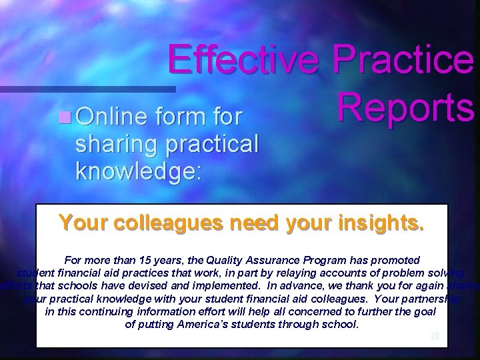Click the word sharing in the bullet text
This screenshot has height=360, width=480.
pyautogui.click(x=112, y=144)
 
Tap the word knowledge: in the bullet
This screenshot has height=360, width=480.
pyautogui.click(x=137, y=171)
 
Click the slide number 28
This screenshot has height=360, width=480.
pyautogui.click(x=434, y=337)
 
